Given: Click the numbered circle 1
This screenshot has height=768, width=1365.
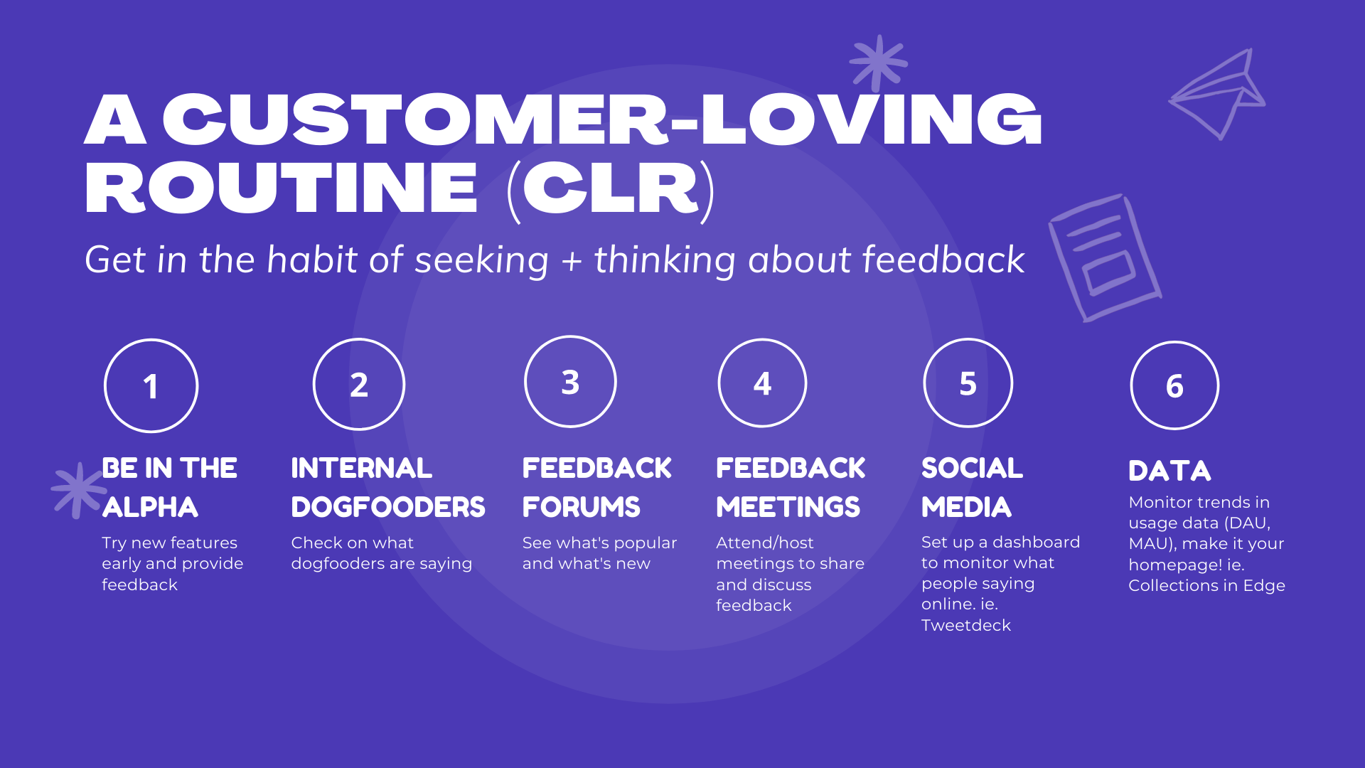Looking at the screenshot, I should click(151, 385).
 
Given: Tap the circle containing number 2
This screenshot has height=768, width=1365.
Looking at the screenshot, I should click(359, 384).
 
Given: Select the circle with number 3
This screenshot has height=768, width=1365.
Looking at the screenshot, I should click(570, 382).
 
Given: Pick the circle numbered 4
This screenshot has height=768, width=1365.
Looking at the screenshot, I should click(762, 383).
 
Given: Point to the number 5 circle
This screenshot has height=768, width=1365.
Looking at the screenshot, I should click(968, 383).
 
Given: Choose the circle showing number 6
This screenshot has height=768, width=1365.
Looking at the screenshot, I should click(1174, 385).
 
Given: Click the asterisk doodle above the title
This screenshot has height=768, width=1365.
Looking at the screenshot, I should click(879, 63).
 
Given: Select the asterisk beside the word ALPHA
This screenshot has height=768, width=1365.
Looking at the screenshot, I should click(77, 490).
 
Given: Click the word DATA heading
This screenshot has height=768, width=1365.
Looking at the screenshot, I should click(1169, 471).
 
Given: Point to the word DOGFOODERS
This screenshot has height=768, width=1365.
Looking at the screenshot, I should click(387, 507).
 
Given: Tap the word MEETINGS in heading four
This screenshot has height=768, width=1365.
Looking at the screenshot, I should click(788, 507).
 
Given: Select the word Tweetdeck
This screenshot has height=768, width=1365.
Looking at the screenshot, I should click(965, 625).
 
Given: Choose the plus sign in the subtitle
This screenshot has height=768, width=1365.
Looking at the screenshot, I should click(572, 261).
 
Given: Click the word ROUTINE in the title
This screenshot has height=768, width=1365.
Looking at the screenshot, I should click(282, 188).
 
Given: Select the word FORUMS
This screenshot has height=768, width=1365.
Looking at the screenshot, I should click(581, 507).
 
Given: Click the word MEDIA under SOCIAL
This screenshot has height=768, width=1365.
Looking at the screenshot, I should click(966, 507).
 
